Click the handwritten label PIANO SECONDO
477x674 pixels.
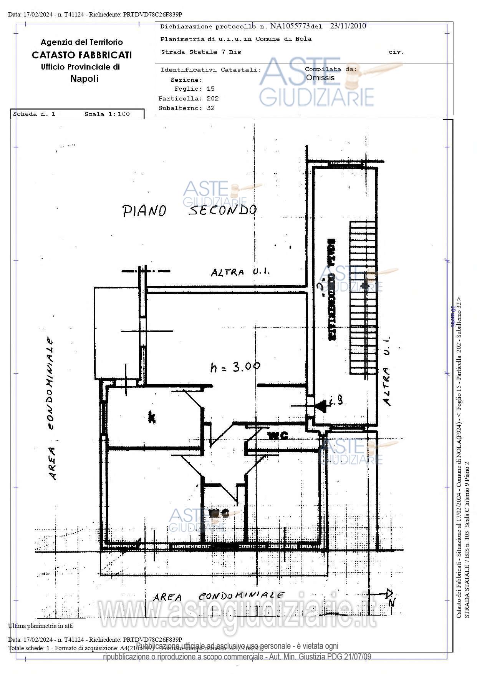(189, 210)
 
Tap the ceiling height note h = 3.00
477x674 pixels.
(235, 367)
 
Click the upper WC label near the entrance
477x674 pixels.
(278, 436)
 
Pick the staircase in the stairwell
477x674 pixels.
(363, 297)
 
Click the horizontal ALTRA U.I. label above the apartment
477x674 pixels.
(240, 272)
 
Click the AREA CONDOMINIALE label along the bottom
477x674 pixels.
(219, 596)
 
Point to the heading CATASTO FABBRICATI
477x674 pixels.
(82, 55)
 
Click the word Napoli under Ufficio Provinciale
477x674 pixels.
(84, 79)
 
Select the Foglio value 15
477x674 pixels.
(210, 89)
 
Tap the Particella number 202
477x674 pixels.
(212, 98)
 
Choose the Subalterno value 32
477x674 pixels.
(210, 108)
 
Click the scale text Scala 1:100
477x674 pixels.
(107, 114)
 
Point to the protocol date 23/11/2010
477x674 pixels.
(348, 26)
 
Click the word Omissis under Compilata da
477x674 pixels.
(320, 78)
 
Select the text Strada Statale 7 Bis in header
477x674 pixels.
(201, 52)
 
